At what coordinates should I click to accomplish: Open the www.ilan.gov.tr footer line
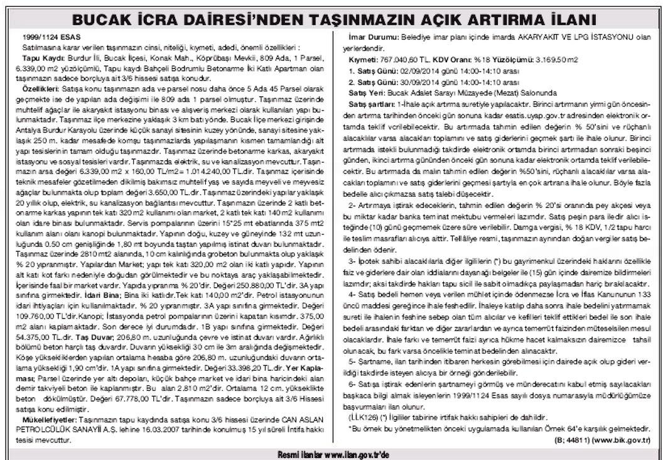pos(331,453)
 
